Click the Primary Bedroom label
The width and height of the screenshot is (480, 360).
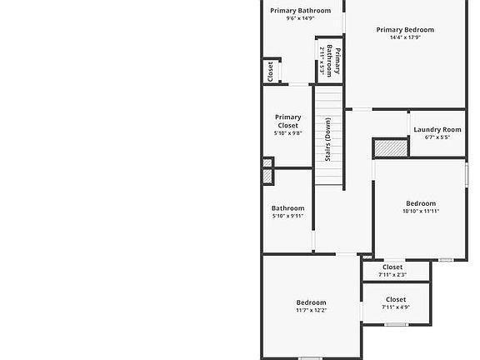click(x=405, y=30)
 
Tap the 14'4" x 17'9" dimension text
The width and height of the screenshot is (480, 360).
click(x=405, y=37)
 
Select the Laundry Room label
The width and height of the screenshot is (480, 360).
click(x=437, y=129)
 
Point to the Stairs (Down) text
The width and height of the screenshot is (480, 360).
click(x=327, y=140)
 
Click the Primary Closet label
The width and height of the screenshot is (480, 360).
click(x=288, y=121)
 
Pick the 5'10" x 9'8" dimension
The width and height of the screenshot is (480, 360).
click(x=288, y=133)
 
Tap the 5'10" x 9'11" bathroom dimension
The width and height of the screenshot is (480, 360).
click(x=288, y=216)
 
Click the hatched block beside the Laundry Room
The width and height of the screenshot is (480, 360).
click(x=391, y=148)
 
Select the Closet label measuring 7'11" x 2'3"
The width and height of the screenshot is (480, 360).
click(x=392, y=267)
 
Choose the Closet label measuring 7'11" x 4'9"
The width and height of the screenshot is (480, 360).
click(x=396, y=299)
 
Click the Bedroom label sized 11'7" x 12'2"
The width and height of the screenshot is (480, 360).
click(x=312, y=302)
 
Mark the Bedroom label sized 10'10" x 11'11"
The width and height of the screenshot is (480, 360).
click(x=421, y=203)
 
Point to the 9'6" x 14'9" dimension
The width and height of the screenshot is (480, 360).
click(x=300, y=18)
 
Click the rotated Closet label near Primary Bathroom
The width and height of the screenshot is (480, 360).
click(x=270, y=72)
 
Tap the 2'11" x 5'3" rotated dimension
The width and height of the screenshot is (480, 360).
click(x=322, y=61)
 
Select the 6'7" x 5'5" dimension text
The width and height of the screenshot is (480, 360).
click(x=437, y=137)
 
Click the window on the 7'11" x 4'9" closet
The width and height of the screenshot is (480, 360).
click(x=397, y=324)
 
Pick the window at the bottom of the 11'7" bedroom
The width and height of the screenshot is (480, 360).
click(x=310, y=358)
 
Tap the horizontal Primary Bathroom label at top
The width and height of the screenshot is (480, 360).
click(x=300, y=11)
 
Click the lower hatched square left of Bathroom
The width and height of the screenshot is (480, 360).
click(x=267, y=177)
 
